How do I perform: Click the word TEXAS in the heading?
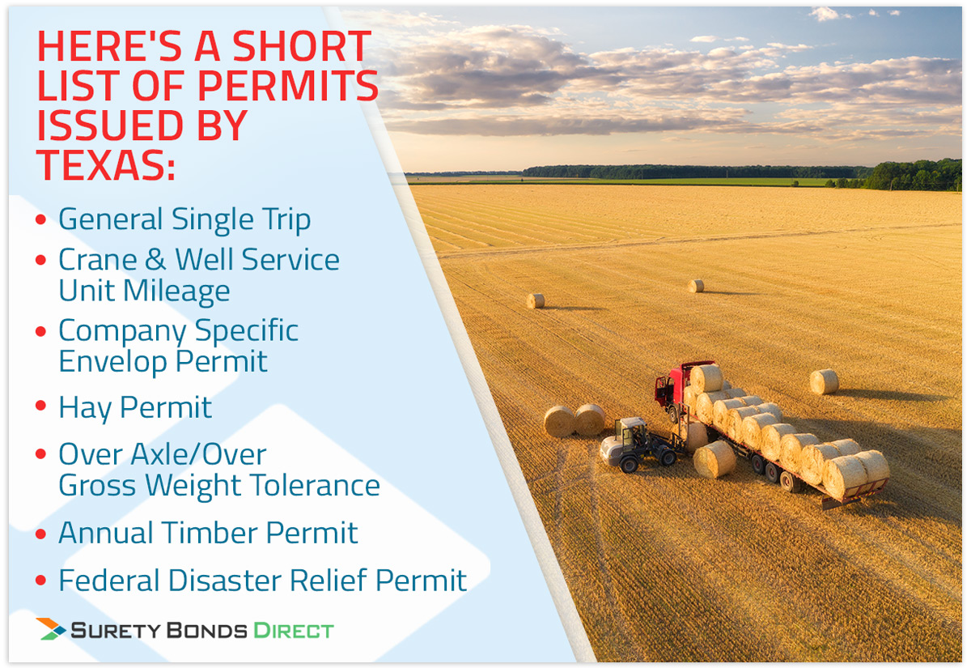tap(106, 165)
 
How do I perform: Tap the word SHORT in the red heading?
tap(302, 46)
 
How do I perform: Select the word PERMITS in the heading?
tap(288, 86)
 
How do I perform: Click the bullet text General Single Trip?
tap(184, 219)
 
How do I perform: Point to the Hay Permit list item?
tap(135, 408)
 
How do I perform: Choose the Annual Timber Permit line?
tap(208, 533)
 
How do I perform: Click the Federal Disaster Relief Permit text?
tap(263, 581)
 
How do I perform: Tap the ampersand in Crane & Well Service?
tap(155, 260)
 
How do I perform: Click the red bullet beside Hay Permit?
tap(40, 406)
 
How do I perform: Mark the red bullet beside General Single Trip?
tap(40, 219)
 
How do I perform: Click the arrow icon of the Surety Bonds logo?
tap(51, 629)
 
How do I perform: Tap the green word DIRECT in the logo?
tap(294, 631)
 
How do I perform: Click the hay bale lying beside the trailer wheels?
tap(714, 460)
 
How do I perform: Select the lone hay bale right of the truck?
tap(824, 381)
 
